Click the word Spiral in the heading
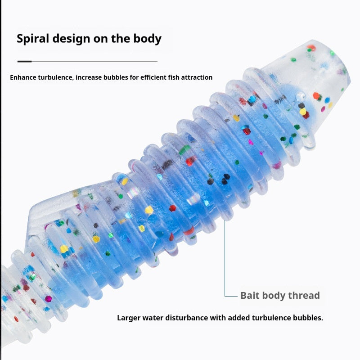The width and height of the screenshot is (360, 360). click(x=33, y=39)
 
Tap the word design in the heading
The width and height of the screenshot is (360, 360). click(x=71, y=39)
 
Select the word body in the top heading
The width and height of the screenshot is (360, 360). click(x=148, y=39)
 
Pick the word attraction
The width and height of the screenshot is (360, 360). click(x=197, y=77)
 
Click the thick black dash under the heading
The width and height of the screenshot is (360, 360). click(x=25, y=61)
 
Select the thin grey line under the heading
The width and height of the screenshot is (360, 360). click(x=94, y=62)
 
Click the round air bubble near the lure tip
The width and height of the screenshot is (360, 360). click(x=301, y=96)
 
